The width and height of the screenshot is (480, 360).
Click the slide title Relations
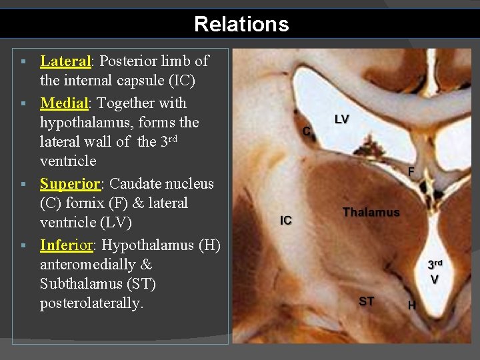coord(241,25)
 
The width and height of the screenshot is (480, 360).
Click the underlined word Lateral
coord(65,61)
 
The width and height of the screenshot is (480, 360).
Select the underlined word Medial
coord(64,103)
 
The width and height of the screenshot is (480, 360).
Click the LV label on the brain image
coord(341,120)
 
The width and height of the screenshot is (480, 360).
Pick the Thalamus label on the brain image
coord(371,213)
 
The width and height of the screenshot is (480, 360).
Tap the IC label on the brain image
coord(286,221)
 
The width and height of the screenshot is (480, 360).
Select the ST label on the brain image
coord(366,301)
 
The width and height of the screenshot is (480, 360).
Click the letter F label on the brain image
coord(411,172)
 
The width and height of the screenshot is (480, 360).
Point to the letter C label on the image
coord(307,131)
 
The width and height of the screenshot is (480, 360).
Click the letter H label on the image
coord(412,306)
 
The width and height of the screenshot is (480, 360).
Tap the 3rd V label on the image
coord(435,271)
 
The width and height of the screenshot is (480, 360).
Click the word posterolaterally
coord(91,303)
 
